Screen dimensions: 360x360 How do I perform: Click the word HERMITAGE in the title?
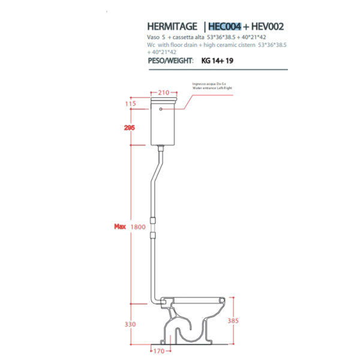(172, 26)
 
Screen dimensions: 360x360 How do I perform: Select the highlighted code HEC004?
(226, 26)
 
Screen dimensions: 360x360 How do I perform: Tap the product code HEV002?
(268, 26)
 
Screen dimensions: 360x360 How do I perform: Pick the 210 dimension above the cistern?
(163, 92)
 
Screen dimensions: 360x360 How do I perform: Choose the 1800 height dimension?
(139, 227)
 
